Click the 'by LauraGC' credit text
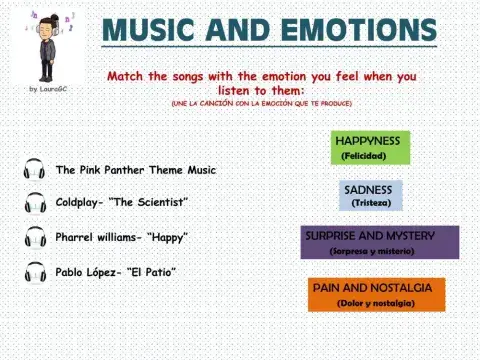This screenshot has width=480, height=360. coord(48,89)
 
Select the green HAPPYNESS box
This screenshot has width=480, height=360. coord(370,147)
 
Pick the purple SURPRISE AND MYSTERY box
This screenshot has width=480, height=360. coord(380,242)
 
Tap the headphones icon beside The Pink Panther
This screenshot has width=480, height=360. coord(34,170)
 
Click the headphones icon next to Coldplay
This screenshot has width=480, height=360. coord(34,203)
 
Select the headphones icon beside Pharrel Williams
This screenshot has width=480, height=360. coord(34,237)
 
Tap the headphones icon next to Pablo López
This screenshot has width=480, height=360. coord(34,271)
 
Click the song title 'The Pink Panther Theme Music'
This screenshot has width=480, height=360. coord(136,170)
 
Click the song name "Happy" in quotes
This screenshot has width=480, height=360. coord(167,237)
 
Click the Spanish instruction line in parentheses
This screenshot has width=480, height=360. coord(261,103)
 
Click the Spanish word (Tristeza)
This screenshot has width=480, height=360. coord(372,203)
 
